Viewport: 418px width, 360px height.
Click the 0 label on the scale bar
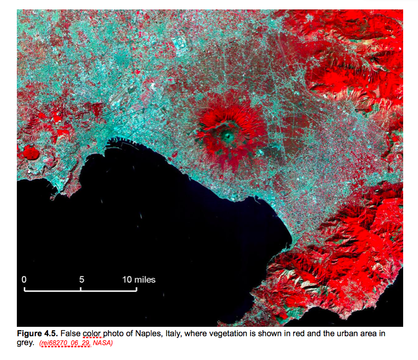[24, 279]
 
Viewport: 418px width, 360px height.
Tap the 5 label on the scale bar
[81, 279]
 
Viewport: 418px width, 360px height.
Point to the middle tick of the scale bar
[81, 288]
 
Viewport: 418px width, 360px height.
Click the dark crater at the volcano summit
[228, 134]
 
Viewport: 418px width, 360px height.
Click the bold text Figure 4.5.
[37, 333]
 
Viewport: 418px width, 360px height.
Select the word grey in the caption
[25, 342]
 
